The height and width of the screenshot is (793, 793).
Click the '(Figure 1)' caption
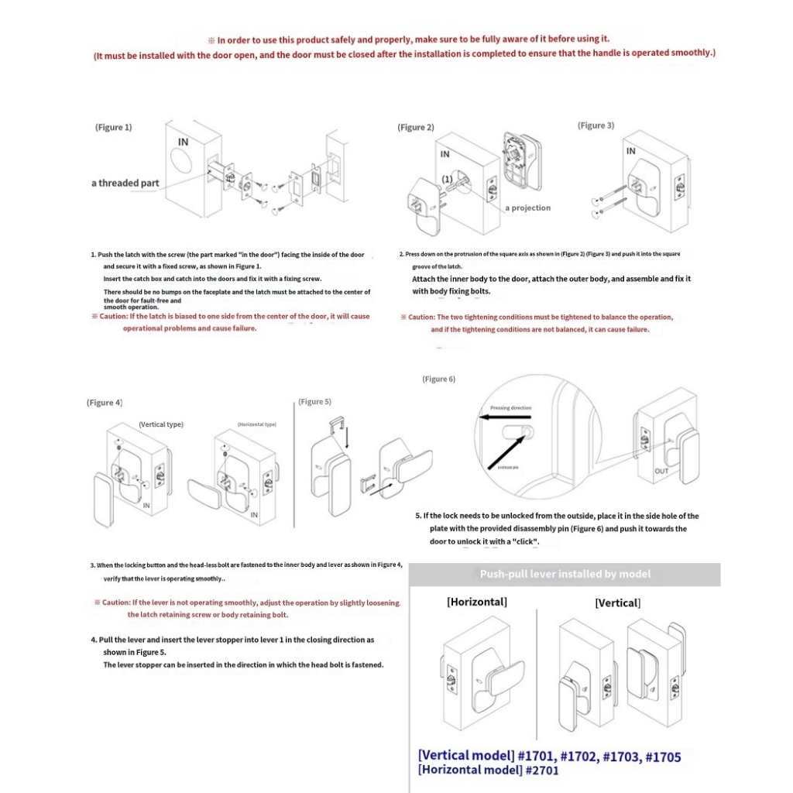point(113,127)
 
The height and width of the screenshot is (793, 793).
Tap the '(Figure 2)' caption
point(416,127)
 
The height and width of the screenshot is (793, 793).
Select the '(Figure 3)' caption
point(596,125)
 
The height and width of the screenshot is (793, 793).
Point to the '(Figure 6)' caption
point(438,379)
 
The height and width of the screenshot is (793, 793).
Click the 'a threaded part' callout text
point(125,184)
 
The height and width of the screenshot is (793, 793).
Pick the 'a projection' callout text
point(528,208)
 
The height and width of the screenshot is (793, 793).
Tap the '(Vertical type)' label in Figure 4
point(161,424)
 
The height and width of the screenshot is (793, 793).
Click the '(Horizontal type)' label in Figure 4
point(256,424)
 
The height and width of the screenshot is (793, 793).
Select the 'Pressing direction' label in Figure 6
point(510,408)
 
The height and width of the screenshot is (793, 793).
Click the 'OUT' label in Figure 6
point(661,471)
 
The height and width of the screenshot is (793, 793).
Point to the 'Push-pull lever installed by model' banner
point(565,574)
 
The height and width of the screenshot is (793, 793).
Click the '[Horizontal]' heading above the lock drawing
point(477,602)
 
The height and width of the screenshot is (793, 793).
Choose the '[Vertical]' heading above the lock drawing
point(617,602)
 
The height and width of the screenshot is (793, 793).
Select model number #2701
point(541,770)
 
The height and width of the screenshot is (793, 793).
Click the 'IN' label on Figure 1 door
point(184,142)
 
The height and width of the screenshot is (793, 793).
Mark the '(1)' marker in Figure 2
point(447,178)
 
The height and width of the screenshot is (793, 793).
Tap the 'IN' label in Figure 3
point(631,151)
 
